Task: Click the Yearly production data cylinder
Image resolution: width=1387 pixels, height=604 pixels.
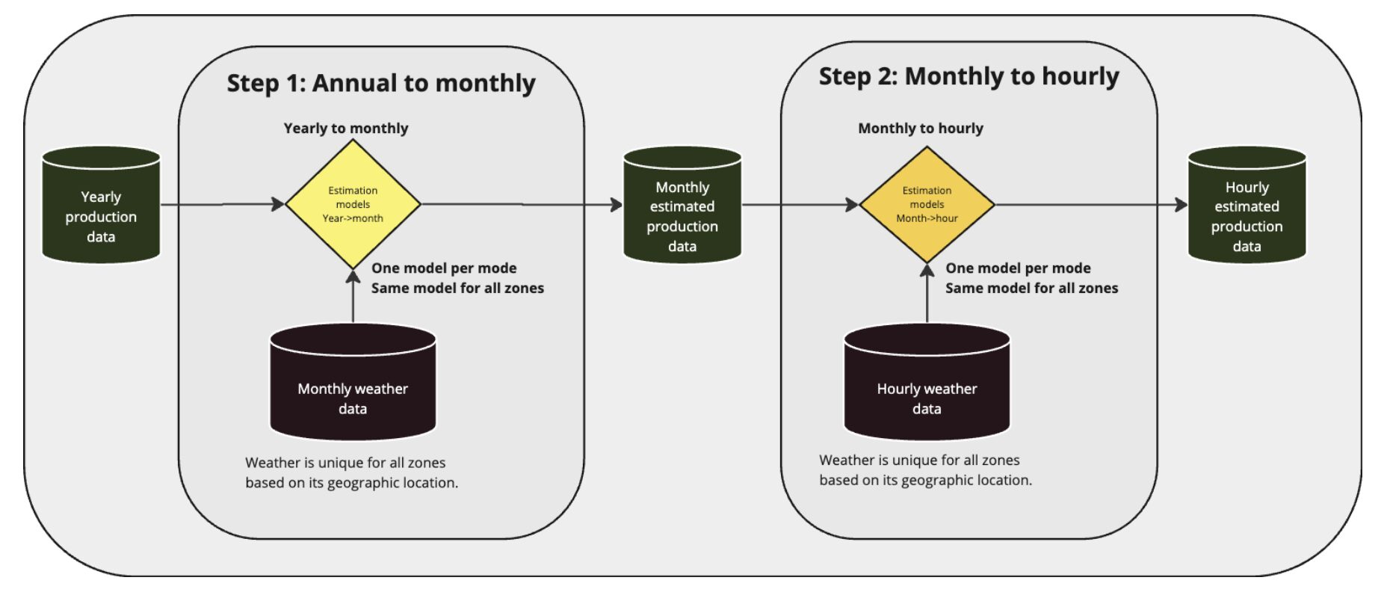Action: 101,205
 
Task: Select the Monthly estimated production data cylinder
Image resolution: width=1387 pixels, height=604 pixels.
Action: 682,205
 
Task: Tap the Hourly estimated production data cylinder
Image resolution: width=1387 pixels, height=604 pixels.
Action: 1247,205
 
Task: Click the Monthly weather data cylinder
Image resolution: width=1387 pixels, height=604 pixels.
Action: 353,382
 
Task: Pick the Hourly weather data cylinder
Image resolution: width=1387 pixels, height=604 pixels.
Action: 927,382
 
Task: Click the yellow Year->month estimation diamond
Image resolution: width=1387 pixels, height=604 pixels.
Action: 353,204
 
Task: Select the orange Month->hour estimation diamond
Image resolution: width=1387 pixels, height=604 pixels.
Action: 927,204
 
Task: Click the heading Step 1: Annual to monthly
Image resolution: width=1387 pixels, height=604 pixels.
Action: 381,83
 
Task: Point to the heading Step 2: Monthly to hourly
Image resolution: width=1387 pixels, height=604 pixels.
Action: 969,76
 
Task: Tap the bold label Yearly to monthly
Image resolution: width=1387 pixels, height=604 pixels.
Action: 346,128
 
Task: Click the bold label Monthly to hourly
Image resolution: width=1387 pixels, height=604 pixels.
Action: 921,128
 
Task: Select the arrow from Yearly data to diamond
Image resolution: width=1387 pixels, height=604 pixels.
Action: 223,204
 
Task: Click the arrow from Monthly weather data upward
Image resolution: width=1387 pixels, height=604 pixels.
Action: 353,296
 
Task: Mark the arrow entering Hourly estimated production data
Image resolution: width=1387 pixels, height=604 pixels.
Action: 1092,204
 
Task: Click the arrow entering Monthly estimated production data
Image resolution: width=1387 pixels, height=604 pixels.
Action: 522,204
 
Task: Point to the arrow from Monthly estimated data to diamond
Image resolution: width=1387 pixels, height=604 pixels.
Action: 800,204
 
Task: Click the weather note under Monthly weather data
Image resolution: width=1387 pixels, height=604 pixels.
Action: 352,472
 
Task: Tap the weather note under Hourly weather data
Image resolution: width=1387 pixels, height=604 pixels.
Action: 926,470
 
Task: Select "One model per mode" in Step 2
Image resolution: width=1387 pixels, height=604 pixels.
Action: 1018,268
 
